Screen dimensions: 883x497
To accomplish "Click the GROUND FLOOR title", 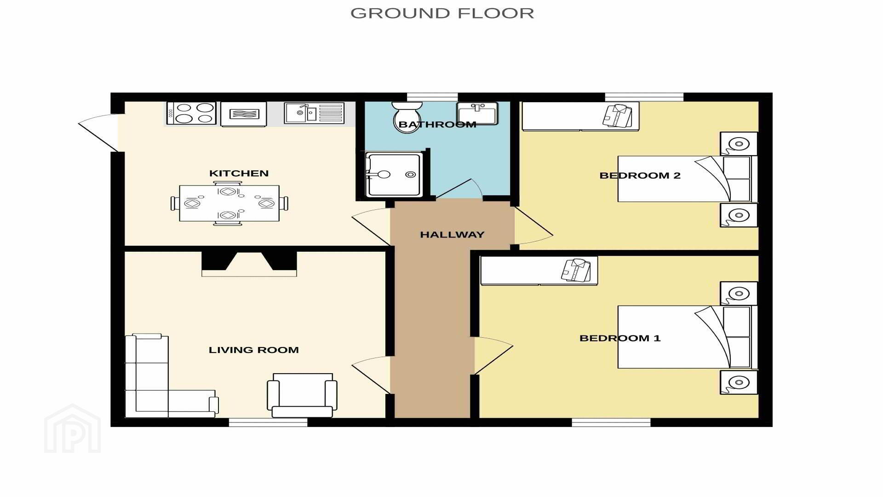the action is (442, 13).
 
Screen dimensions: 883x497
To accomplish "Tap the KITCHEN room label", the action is (239, 173).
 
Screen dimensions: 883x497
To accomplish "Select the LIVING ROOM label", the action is (254, 350).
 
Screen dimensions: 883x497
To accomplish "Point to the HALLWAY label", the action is (452, 235).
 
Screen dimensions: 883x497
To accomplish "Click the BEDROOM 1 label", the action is (620, 338).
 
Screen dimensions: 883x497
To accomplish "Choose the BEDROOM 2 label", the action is (640, 175).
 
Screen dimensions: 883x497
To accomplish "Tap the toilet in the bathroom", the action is (407, 117).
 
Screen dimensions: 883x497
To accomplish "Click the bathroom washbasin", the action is (477, 114).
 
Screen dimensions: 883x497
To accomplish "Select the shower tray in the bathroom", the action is (393, 174).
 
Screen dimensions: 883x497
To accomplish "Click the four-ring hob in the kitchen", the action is (191, 113).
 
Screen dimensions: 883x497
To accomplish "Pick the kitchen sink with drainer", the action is (314, 113).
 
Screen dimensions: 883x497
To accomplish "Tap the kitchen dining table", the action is (229, 203).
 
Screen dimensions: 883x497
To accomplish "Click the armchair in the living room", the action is (302, 395).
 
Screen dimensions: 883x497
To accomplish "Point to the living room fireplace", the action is (249, 264).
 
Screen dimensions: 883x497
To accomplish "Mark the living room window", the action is (268, 422).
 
